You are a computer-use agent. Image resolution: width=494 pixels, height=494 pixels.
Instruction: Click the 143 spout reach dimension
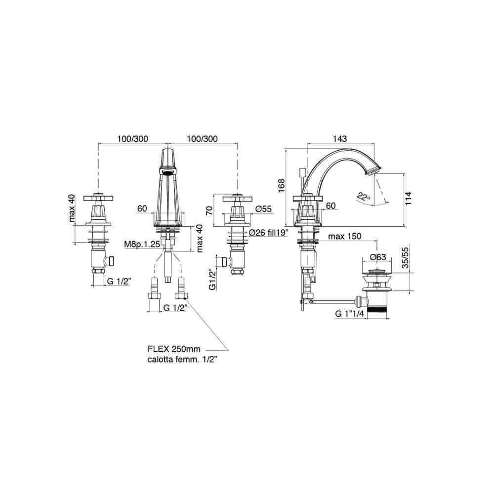[340, 139]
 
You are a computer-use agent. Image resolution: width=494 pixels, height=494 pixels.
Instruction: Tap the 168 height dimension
[282, 186]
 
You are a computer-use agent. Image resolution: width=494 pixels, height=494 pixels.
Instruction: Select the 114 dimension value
[409, 199]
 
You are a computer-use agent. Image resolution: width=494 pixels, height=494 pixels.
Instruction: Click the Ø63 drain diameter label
[378, 257]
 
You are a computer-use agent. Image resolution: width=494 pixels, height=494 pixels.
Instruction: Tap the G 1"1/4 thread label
[350, 314]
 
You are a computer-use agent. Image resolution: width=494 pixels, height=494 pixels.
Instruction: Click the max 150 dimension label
[345, 236]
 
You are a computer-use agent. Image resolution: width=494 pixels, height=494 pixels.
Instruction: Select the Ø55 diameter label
[263, 209]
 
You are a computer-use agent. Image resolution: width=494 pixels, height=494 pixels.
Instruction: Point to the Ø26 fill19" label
[269, 233]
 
